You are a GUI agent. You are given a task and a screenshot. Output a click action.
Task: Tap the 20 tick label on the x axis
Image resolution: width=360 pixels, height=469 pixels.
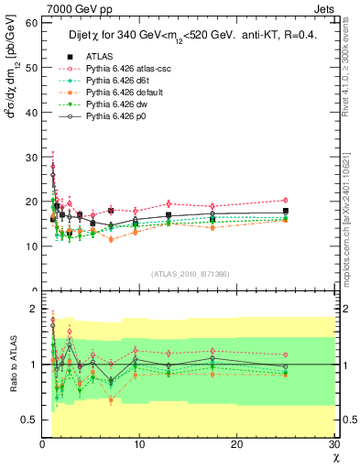pos(237,443)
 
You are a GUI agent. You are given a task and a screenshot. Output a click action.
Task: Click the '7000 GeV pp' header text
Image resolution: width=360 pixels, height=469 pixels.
pos(73,7)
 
